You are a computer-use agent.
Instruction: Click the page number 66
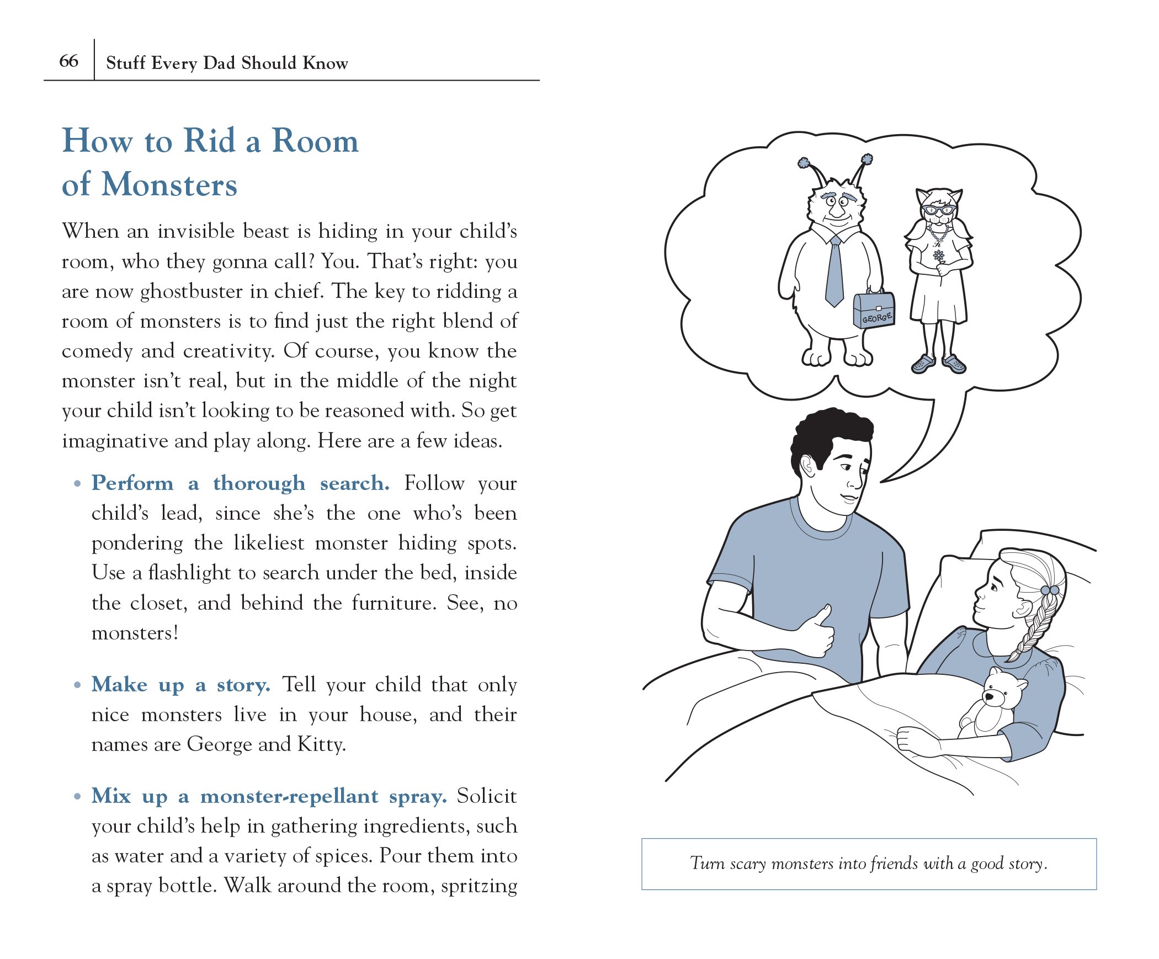point(68,61)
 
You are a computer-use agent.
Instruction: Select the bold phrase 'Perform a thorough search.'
point(240,483)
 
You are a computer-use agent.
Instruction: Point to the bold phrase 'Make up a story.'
point(180,685)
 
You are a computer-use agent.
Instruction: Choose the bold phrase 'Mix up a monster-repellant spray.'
point(269,796)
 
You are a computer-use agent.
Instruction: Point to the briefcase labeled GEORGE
point(874,310)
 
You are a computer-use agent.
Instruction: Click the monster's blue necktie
point(834,273)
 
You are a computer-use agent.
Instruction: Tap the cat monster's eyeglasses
point(938,210)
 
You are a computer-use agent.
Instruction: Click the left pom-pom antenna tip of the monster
point(804,163)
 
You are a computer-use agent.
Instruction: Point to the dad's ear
point(806,467)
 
